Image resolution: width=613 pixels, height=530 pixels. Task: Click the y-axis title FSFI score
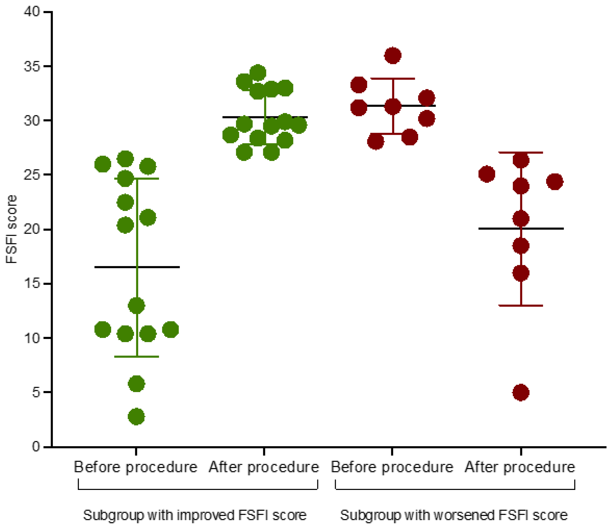[x=12, y=229]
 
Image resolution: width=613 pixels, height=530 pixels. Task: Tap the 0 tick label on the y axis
[x=36, y=446]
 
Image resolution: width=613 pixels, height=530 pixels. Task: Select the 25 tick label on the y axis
[x=32, y=175]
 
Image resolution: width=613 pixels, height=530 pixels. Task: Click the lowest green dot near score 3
[x=136, y=417]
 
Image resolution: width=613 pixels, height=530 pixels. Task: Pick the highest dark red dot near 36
[x=393, y=55]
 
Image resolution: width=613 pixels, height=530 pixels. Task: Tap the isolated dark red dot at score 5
[x=521, y=392]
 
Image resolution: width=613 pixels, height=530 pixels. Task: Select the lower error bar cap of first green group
[x=148, y=357]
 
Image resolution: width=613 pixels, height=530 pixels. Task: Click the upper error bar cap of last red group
[x=533, y=152]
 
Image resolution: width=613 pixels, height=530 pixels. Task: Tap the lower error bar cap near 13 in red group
[x=533, y=305]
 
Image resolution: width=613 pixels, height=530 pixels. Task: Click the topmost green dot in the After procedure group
[x=258, y=73]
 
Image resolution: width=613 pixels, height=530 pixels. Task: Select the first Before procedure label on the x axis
[x=135, y=467]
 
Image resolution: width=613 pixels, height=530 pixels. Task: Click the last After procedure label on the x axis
[x=520, y=467]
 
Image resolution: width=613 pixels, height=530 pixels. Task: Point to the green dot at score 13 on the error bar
[x=136, y=305]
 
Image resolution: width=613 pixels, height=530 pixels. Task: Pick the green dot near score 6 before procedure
[x=136, y=384]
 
